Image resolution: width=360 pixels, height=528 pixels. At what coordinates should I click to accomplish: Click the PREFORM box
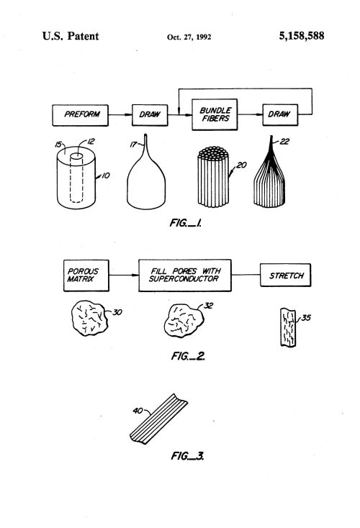80,115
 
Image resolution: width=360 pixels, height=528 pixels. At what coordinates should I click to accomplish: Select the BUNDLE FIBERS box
215,114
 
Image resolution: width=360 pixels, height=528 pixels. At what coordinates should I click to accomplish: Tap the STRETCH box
286,275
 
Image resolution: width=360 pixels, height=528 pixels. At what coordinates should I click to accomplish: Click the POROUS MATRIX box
86,276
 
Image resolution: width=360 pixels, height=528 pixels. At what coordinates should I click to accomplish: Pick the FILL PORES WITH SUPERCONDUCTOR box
185,275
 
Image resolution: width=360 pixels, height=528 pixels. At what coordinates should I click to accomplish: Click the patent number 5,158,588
302,36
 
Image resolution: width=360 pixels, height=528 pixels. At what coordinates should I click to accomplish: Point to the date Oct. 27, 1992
189,37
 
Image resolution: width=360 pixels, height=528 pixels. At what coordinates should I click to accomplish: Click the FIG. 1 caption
186,222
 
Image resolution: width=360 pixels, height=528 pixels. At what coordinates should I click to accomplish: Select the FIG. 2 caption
188,356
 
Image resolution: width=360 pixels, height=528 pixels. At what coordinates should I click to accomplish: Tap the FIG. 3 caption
187,456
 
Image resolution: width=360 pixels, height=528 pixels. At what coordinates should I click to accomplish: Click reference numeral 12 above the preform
91,142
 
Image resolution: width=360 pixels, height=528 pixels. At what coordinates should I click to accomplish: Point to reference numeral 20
242,165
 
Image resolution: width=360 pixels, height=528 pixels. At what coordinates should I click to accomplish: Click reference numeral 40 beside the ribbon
138,411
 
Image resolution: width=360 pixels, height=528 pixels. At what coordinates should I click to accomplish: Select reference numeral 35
306,317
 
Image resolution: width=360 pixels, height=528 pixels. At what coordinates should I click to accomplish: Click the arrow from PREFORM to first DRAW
120,115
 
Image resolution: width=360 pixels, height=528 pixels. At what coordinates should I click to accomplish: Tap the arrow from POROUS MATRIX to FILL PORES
124,275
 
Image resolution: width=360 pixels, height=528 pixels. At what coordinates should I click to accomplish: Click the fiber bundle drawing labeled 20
213,177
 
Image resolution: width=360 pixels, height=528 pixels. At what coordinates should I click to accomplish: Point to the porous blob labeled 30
89,318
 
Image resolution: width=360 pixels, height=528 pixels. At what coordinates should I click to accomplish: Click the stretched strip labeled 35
288,327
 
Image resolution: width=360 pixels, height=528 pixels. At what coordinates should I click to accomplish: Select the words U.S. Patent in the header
71,36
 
